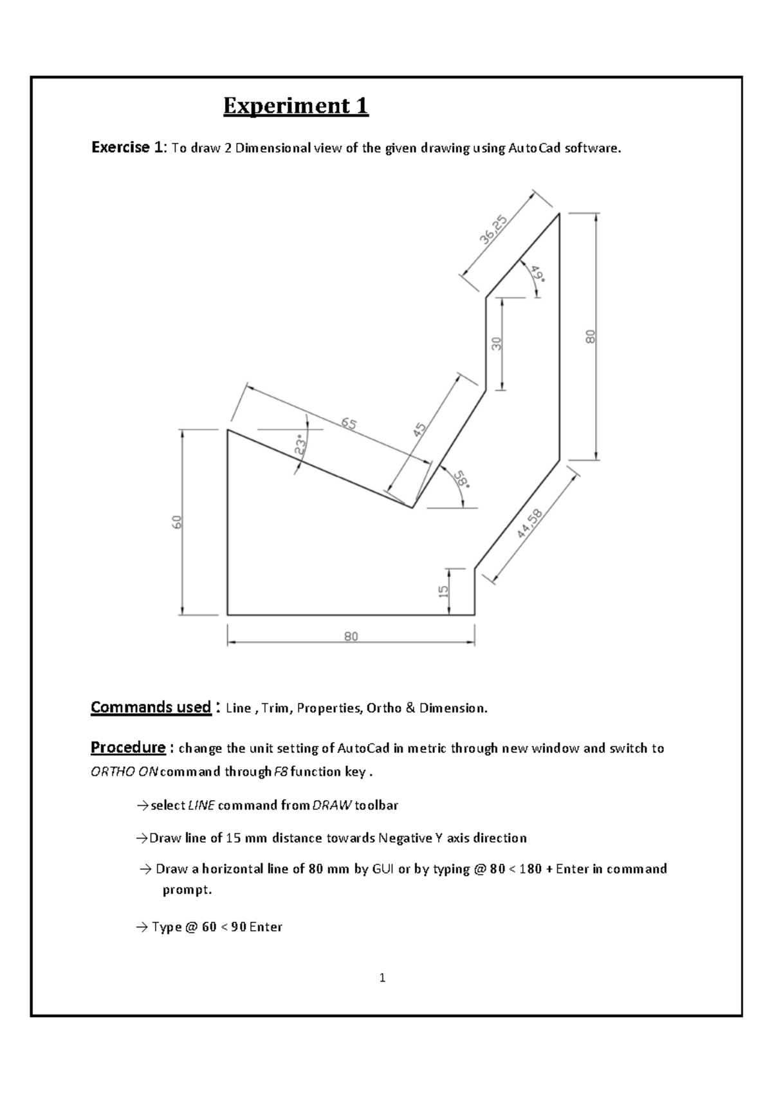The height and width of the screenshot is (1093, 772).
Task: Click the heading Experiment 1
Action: pos(296,106)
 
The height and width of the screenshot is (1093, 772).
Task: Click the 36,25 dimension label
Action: pos(493,230)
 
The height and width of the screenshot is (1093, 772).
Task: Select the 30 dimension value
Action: pos(497,344)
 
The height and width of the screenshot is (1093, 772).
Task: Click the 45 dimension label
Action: pos(419,430)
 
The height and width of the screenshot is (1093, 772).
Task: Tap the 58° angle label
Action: pos(461,480)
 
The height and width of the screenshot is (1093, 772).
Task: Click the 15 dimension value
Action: pos(444,591)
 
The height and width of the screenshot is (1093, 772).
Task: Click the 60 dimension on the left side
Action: pos(178,521)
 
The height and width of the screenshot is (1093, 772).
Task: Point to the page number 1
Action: pos(383,978)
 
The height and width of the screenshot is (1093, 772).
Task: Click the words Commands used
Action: pos(151,707)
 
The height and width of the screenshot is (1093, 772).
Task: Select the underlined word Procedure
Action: pos(128,747)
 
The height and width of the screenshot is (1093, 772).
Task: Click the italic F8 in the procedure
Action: pos(281,772)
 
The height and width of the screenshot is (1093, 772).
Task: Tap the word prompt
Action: pos(187,890)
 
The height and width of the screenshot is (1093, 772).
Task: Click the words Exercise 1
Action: pos(129,147)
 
